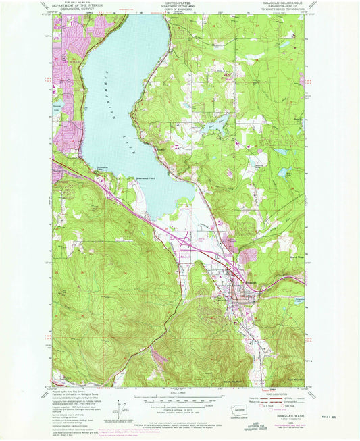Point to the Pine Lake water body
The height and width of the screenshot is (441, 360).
217,124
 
